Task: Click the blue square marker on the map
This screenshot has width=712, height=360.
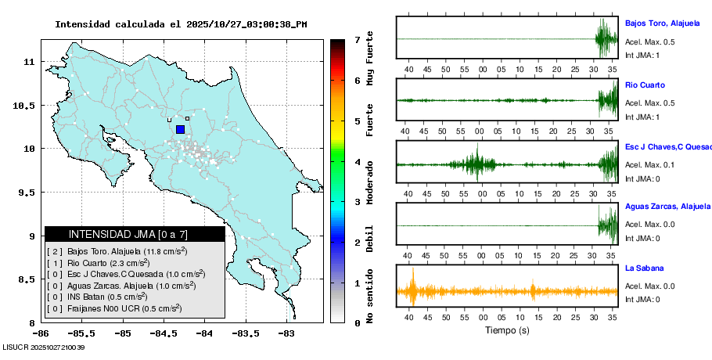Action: (x=180, y=130)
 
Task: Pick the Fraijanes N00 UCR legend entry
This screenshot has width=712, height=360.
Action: (x=112, y=309)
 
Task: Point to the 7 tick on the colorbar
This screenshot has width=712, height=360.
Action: (x=356, y=39)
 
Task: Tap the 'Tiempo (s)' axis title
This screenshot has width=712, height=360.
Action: (x=508, y=330)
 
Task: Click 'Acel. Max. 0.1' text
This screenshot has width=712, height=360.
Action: (x=649, y=164)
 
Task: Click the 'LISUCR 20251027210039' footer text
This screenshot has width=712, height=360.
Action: (x=44, y=347)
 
